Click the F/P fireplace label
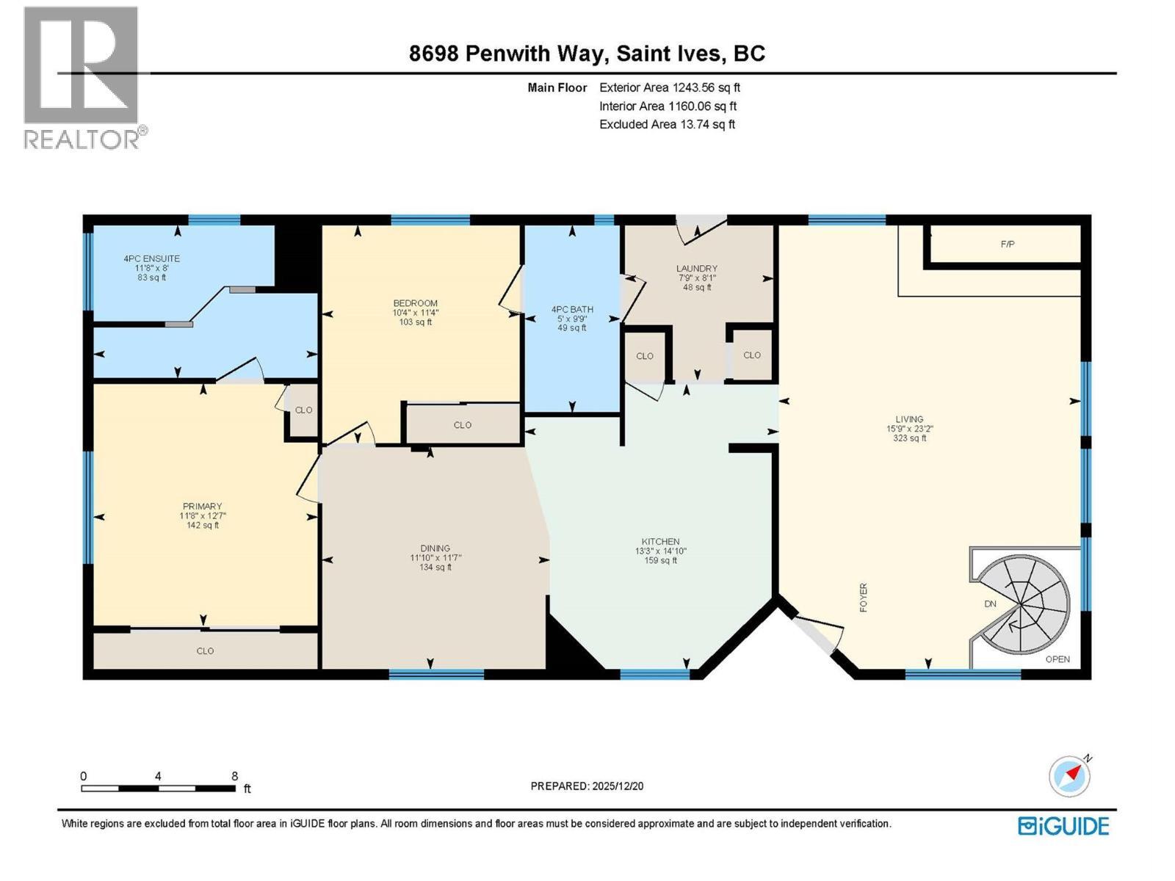coord(1008,244)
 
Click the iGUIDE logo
coord(1063,826)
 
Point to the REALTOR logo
coord(82,77)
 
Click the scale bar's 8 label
coord(234,776)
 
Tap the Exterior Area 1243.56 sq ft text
coord(670,87)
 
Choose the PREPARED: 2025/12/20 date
coord(587,786)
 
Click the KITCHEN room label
coord(660,542)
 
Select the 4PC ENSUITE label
coord(151,258)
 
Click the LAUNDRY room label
coord(696,269)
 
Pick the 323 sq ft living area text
coord(909,438)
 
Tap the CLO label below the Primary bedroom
coord(205,651)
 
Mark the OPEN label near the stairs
coord(1057,659)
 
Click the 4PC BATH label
coord(572,310)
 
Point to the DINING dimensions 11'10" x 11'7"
coord(435,558)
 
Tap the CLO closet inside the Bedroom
coord(462,425)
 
